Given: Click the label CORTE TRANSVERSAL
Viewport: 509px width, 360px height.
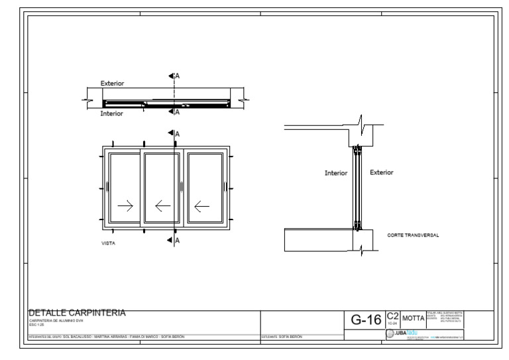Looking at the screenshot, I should pos(414,235).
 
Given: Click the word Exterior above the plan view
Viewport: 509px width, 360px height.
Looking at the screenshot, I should pos(112,84).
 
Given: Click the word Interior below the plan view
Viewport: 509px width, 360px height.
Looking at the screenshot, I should pos(111,113).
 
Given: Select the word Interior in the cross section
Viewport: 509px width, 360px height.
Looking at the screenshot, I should pos(336,173).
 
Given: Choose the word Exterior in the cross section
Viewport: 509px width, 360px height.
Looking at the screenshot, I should pos(381,172).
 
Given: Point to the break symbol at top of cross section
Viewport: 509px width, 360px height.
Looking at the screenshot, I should pos(362,123).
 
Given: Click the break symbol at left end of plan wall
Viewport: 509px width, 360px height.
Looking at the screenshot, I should pos(86,102).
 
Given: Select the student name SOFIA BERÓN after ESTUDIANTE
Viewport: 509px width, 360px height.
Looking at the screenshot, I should pos(290,337).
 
